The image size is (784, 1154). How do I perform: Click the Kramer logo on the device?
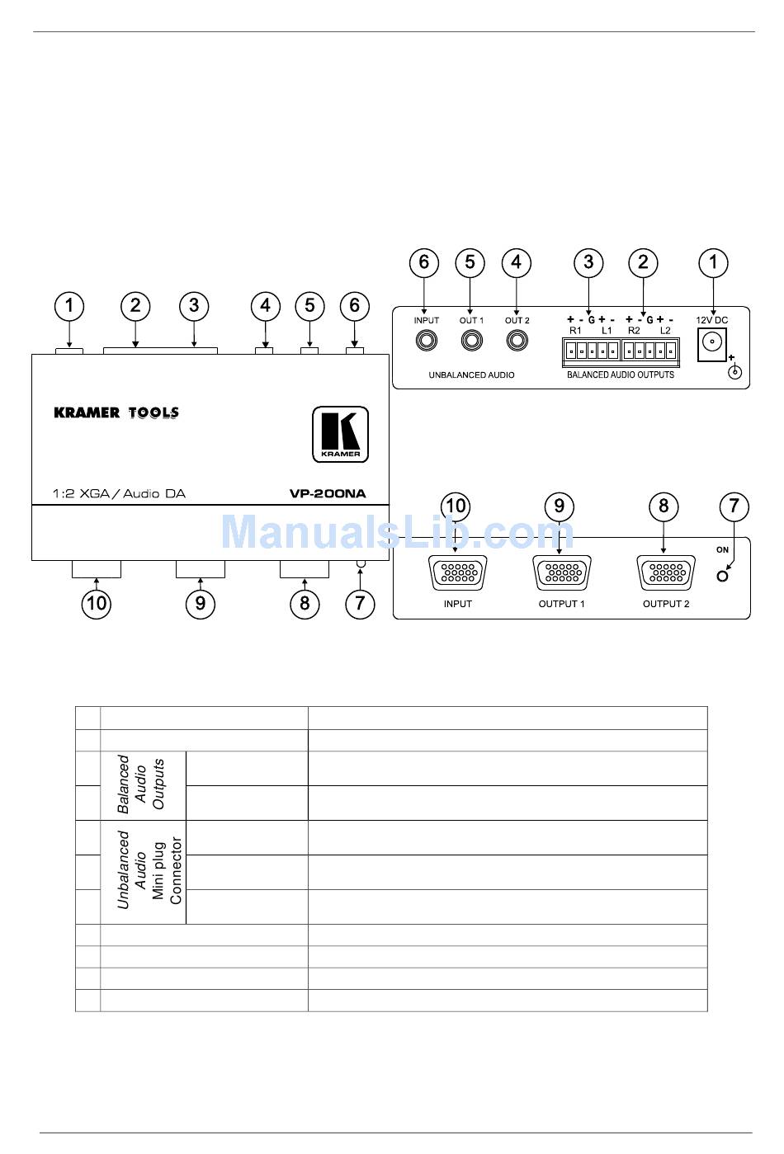[340, 434]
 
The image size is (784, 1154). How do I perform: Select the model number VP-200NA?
[327, 494]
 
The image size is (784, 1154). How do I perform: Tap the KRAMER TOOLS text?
[116, 412]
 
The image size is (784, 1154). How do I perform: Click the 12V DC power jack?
[711, 344]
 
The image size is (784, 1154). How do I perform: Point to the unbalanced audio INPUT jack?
[427, 340]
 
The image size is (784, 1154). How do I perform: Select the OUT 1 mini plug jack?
[472, 340]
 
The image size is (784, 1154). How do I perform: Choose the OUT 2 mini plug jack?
[517, 340]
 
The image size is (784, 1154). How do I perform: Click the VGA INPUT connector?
[458, 573]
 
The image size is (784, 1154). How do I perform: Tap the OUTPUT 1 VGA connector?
[562, 573]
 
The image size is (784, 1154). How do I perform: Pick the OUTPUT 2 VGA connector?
[666, 573]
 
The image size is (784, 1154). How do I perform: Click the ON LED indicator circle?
[723, 576]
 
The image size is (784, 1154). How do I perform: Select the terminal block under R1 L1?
[591, 352]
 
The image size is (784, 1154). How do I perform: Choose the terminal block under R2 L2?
[650, 352]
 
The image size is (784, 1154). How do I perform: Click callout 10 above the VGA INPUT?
[456, 506]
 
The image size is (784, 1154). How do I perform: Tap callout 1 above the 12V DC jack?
[713, 263]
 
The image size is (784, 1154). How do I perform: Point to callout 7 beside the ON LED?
[734, 506]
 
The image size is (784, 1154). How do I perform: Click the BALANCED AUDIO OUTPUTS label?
[621, 375]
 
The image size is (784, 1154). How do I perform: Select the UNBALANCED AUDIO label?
[471, 375]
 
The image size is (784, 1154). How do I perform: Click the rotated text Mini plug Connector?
[167, 871]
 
